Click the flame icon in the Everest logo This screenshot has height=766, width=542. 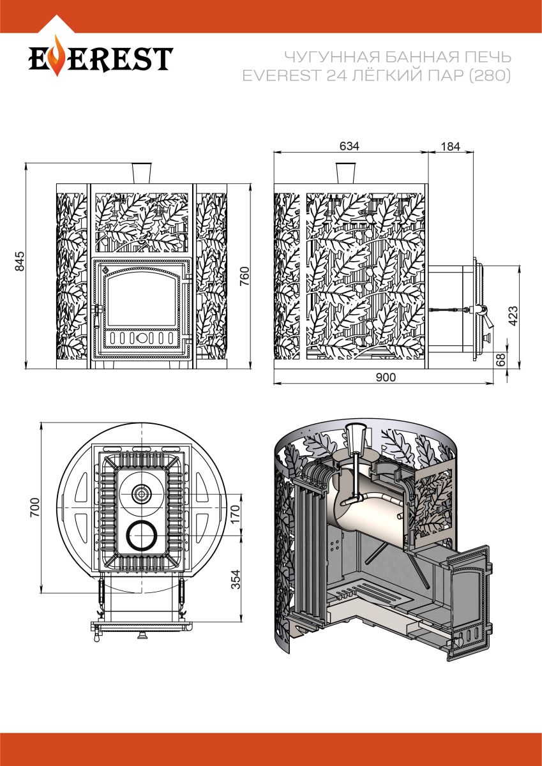pyautogui.click(x=57, y=58)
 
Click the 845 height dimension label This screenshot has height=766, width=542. pyautogui.click(x=19, y=261)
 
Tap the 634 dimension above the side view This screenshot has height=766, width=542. pyautogui.click(x=349, y=146)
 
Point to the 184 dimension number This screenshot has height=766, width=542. pyautogui.click(x=450, y=146)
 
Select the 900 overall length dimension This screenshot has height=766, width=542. pyautogui.click(x=386, y=377)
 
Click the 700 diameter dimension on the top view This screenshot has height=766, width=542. pyautogui.click(x=35, y=507)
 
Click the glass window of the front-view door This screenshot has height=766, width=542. pyautogui.click(x=140, y=300)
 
